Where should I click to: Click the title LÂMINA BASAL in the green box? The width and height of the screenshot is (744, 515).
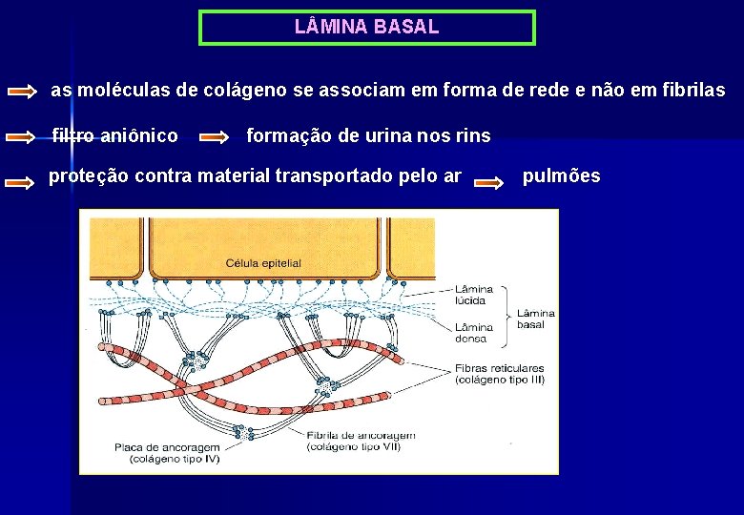click(x=367, y=27)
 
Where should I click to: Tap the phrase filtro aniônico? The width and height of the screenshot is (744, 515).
click(x=114, y=136)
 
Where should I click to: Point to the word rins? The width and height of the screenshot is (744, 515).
click(x=472, y=136)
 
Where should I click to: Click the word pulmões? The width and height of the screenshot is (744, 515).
click(x=562, y=176)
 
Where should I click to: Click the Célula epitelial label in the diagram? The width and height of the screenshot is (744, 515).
click(x=263, y=263)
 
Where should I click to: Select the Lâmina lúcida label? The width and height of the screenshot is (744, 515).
click(x=474, y=295)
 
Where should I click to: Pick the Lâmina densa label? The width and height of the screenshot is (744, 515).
click(x=474, y=332)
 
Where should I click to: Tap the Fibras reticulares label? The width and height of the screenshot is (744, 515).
click(x=500, y=367)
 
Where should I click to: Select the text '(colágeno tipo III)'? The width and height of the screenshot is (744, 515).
click(x=500, y=380)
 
